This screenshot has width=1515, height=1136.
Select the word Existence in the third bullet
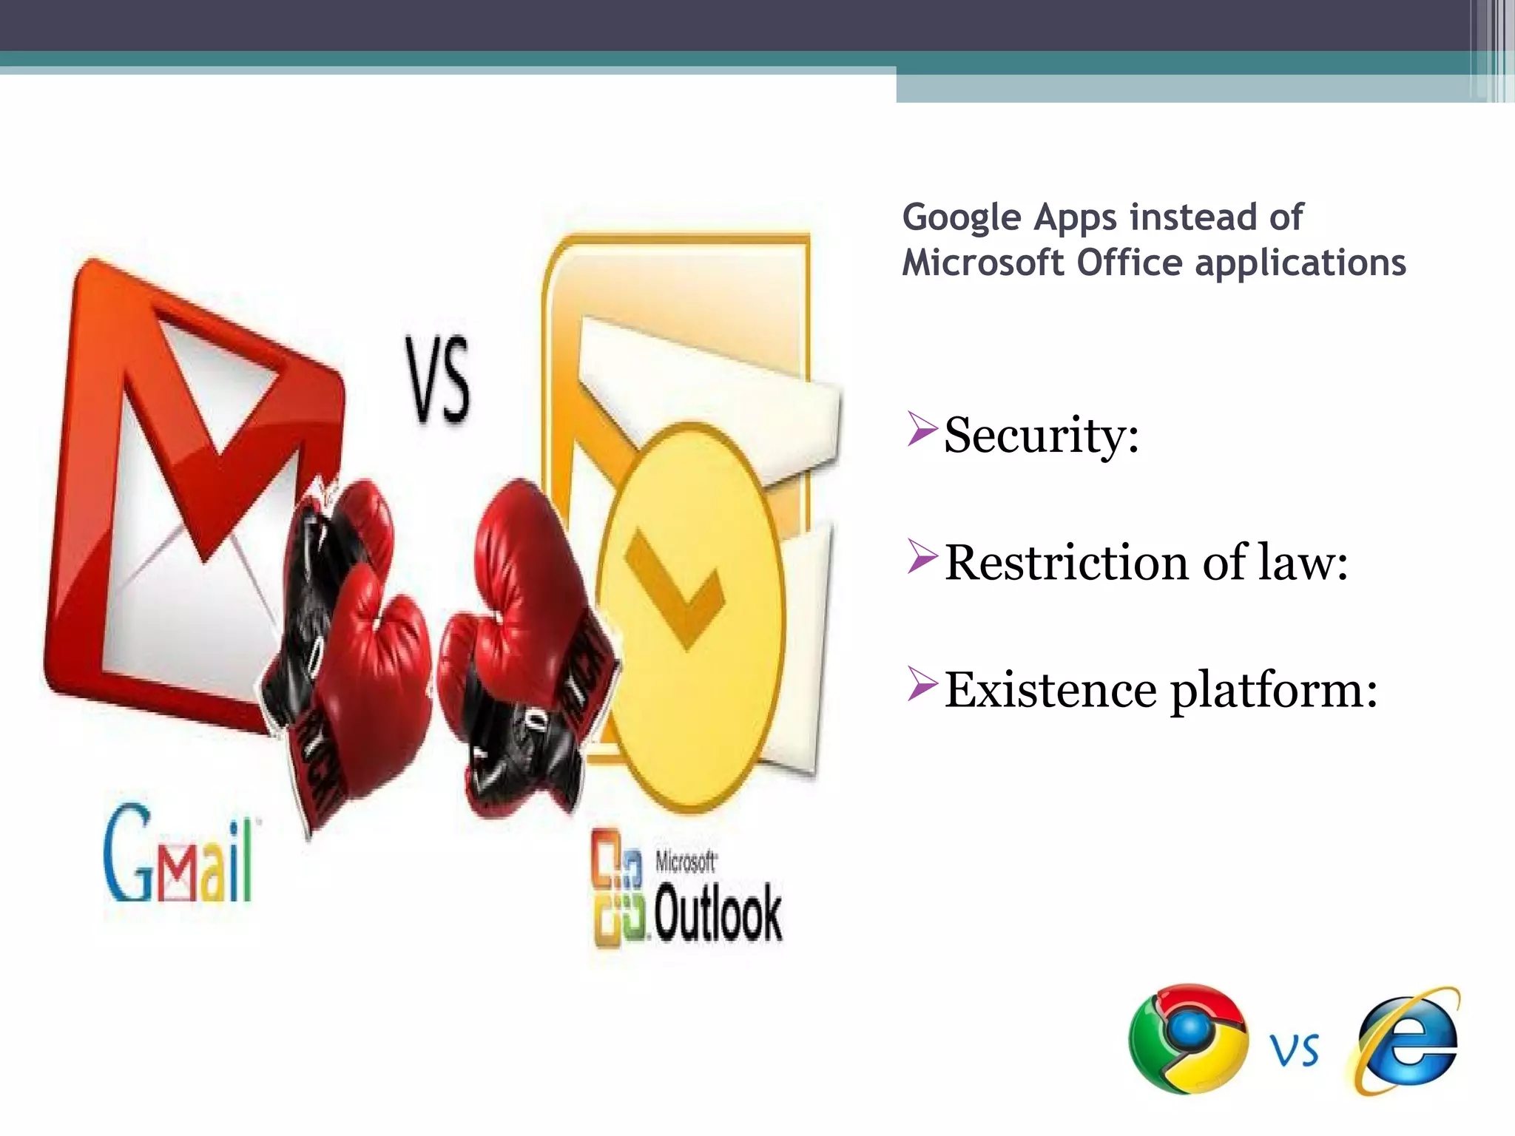pyautogui.click(x=1050, y=690)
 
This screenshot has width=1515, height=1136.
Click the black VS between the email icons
pyautogui.click(x=437, y=379)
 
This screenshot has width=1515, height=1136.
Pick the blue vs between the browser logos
pyautogui.click(x=1295, y=1050)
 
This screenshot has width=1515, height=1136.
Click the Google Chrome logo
pyautogui.click(x=1188, y=1038)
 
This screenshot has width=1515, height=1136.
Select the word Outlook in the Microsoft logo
pyautogui.click(x=718, y=914)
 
